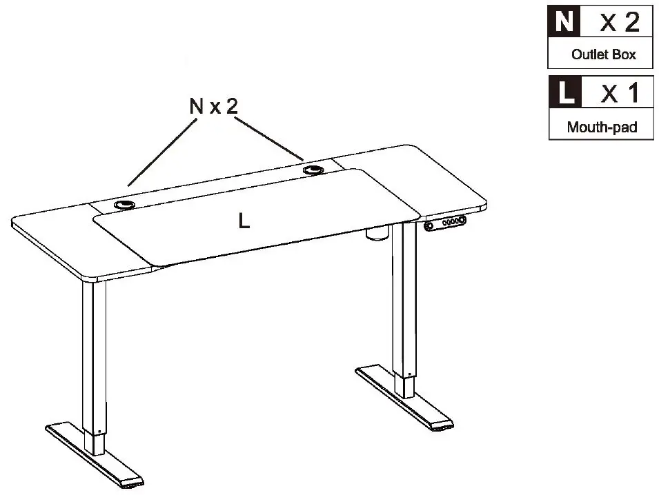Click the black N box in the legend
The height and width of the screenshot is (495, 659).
[x=564, y=21]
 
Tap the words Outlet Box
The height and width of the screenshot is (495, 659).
[x=604, y=54]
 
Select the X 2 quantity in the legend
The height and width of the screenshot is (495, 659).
[x=620, y=21]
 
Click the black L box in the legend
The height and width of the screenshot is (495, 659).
[x=565, y=92]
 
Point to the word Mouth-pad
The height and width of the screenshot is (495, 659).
[x=602, y=126]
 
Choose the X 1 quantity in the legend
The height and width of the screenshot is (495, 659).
[x=620, y=93]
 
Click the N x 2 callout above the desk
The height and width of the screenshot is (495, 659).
[x=213, y=106]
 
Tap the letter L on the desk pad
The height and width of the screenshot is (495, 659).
[x=244, y=221]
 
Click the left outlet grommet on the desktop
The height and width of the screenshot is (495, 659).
[x=124, y=205]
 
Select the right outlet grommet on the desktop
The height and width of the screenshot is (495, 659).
[x=313, y=170]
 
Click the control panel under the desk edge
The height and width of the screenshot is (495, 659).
[x=445, y=223]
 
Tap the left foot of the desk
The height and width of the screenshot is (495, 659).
[x=95, y=456]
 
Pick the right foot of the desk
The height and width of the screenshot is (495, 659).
[x=404, y=398]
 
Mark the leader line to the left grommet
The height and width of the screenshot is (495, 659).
[x=163, y=152]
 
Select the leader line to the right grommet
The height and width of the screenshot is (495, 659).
[x=269, y=139]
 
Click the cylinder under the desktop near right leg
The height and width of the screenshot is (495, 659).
[x=377, y=234]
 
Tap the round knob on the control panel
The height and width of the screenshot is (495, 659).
[x=429, y=226]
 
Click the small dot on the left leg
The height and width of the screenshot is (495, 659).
[x=99, y=432]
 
